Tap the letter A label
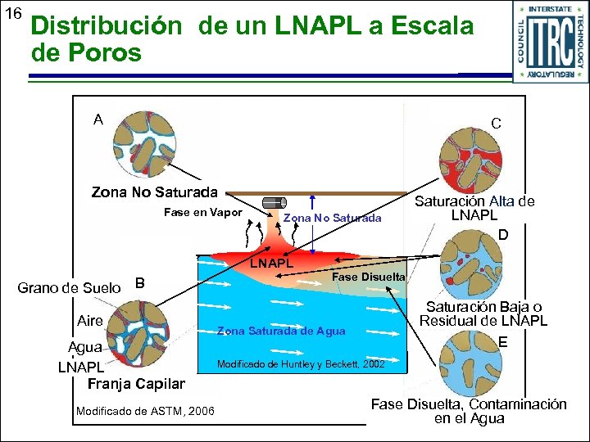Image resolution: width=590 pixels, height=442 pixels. pos(98,120)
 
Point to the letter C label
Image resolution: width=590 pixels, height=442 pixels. pos(496,124)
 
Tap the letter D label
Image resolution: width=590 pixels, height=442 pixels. pos(504,235)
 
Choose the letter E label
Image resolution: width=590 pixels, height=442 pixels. pos(503,343)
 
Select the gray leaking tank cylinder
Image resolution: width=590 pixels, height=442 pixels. pos(272,205)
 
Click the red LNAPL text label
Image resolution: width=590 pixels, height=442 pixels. pos(271,264)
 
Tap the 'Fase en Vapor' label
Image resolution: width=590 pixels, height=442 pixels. pos(202,213)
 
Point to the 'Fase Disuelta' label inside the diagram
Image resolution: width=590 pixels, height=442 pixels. pos(367,277)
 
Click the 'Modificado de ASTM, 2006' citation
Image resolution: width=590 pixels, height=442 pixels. pos(144,410)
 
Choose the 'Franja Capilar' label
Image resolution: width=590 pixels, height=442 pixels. pos(135,384)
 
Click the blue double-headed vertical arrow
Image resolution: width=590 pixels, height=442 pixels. pos(312,226)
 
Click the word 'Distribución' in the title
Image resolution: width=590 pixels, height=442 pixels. pos(107,25)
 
